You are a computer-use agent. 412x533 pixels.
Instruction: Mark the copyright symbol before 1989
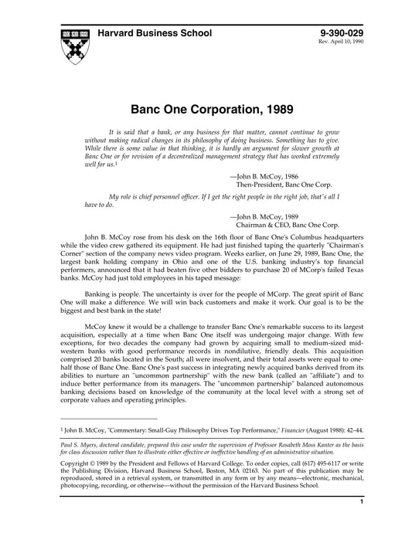[x=97, y=465]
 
